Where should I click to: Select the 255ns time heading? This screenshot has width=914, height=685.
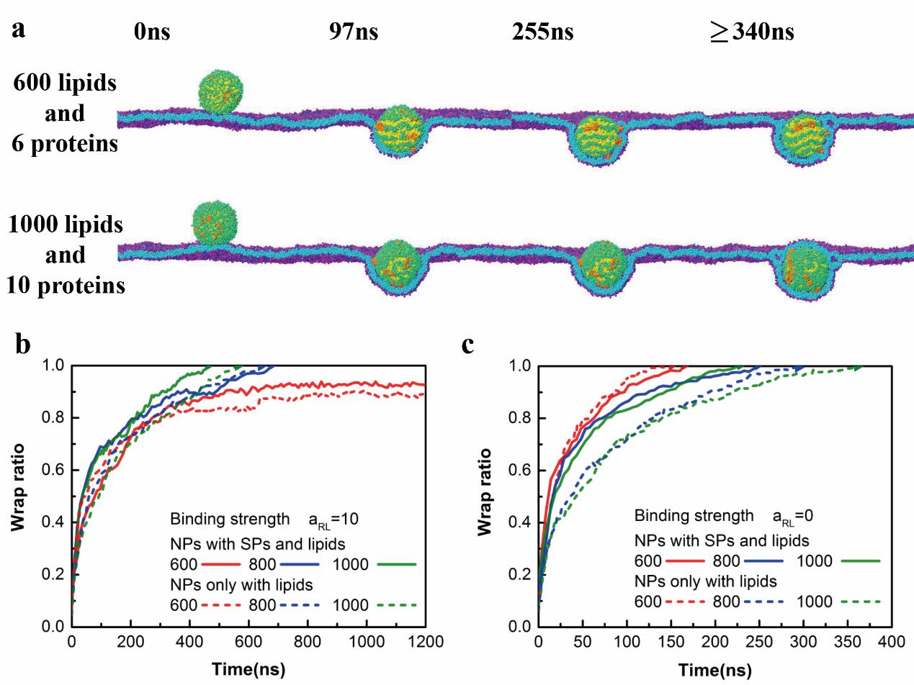tap(543, 32)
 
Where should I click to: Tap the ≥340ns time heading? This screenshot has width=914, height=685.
tap(751, 32)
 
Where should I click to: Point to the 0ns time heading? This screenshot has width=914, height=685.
tap(152, 32)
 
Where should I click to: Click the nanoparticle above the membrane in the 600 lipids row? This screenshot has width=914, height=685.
tap(222, 91)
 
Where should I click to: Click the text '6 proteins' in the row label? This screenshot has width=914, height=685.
tap(65, 143)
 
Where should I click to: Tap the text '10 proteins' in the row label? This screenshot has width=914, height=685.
tap(66, 286)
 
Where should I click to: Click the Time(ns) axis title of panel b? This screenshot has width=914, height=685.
tap(248, 669)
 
